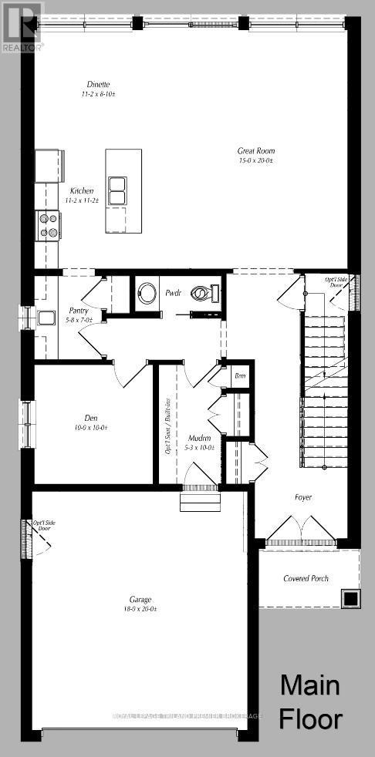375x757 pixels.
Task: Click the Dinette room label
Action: (97, 84)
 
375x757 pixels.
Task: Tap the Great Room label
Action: (257, 151)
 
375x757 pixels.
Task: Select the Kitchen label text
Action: (83, 190)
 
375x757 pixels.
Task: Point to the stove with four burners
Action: (48, 224)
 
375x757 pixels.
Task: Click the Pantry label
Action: (79, 311)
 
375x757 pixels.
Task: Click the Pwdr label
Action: (173, 293)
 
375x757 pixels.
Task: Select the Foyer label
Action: (303, 497)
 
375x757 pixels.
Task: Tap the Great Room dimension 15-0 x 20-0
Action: (257, 161)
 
